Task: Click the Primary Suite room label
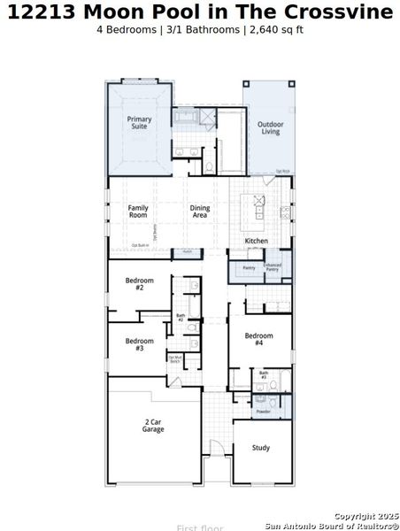pyautogui.click(x=139, y=122)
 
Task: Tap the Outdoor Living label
pyautogui.click(x=270, y=128)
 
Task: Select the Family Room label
pyautogui.click(x=138, y=211)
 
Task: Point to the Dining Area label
pyautogui.click(x=201, y=211)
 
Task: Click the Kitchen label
pyautogui.click(x=257, y=241)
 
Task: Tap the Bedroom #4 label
pyautogui.click(x=258, y=339)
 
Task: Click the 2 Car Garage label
pyautogui.click(x=153, y=426)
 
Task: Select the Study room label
pyautogui.click(x=260, y=448)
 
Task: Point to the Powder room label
pyautogui.click(x=263, y=412)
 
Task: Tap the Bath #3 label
pyautogui.click(x=264, y=375)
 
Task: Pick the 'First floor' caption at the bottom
pyautogui.click(x=200, y=527)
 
